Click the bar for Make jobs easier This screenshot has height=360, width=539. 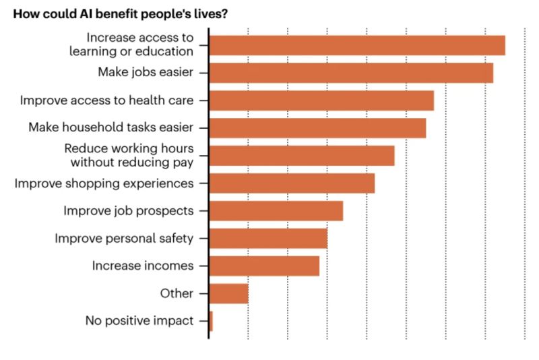pyautogui.click(x=351, y=73)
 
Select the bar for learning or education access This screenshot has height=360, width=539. pyautogui.click(x=357, y=45)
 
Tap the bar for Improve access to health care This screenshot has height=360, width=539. pyautogui.click(x=321, y=100)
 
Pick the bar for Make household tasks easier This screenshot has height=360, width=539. pyautogui.click(x=317, y=128)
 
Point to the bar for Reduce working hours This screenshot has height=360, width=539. pyautogui.click(x=302, y=156)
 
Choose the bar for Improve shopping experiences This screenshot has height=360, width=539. pyautogui.click(x=292, y=183)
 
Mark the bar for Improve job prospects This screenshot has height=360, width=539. pyautogui.click(x=276, y=211)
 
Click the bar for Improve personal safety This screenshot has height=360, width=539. pyautogui.click(x=268, y=239)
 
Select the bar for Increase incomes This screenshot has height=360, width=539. pyautogui.click(x=264, y=266)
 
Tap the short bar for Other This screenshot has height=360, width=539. pyautogui.click(x=229, y=294)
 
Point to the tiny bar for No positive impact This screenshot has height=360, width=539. pyautogui.click(x=211, y=322)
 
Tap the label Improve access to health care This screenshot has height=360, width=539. pyautogui.click(x=106, y=100)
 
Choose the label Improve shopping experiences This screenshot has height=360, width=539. pyautogui.click(x=104, y=183)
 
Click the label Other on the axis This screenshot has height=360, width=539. pyautogui.click(x=177, y=293)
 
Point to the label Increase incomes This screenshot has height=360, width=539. pyautogui.click(x=143, y=266)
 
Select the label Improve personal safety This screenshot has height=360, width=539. pyautogui.click(x=124, y=238)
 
